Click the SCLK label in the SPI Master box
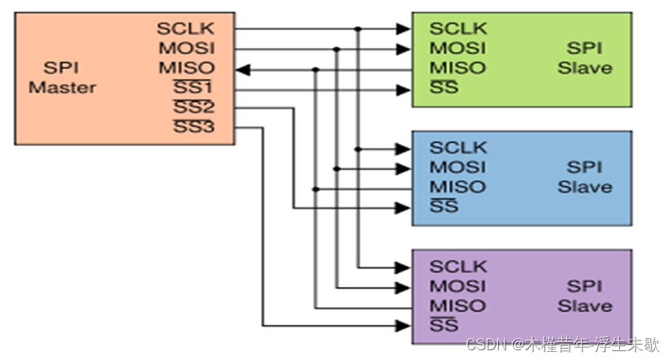(x=185, y=29)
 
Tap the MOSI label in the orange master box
(x=186, y=49)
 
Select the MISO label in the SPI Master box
(x=186, y=68)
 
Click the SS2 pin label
(x=193, y=107)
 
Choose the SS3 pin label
(x=193, y=127)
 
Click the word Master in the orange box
(x=63, y=88)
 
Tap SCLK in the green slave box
(x=458, y=29)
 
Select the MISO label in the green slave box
(x=457, y=68)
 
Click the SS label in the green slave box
(x=444, y=88)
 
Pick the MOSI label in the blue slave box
(x=457, y=167)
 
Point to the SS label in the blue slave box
(x=444, y=206)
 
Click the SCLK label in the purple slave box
(x=458, y=267)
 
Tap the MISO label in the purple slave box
(x=457, y=306)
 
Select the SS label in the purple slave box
(x=444, y=325)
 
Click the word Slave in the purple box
(x=584, y=306)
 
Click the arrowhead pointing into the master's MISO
(x=245, y=68)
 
